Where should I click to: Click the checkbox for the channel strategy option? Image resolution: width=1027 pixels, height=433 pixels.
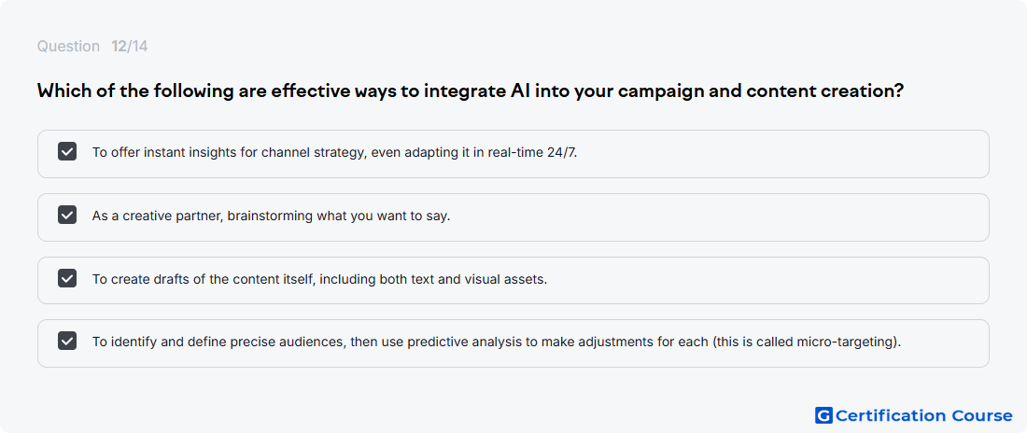67,152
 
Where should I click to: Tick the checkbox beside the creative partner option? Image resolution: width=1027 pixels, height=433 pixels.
67,215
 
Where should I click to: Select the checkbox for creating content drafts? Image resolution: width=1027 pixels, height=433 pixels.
67,278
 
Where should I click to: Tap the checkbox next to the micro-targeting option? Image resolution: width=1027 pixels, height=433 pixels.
67,342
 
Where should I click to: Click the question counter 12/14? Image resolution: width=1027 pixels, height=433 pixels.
130,47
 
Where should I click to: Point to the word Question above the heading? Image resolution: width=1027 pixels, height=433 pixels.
68,47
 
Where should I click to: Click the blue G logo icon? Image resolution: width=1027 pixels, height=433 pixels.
824,415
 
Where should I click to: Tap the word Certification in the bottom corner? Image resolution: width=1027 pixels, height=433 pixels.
890,415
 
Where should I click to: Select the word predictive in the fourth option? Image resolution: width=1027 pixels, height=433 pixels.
433,342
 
